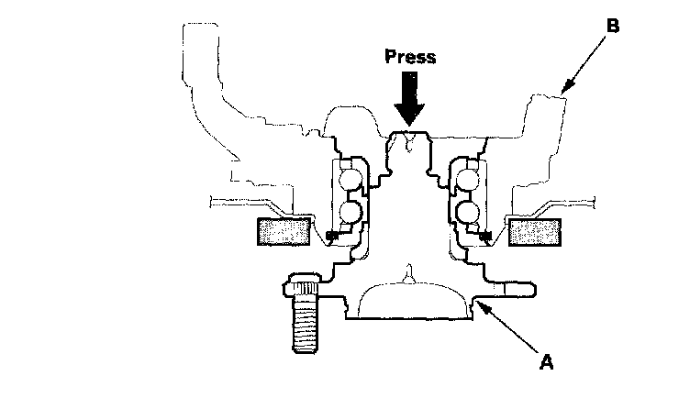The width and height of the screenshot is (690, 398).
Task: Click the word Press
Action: tap(410, 56)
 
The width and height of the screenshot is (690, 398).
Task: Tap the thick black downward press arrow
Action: tap(410, 98)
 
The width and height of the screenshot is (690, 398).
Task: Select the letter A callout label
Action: tap(546, 362)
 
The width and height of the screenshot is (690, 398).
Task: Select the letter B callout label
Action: tap(612, 25)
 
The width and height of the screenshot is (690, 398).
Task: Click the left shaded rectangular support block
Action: tap(284, 232)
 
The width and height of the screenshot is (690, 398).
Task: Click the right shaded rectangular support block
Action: tap(535, 232)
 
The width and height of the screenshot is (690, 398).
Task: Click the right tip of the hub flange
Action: tap(529, 291)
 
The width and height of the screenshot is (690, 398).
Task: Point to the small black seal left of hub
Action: tap(334, 238)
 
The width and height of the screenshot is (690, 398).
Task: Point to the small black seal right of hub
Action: tap(484, 238)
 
